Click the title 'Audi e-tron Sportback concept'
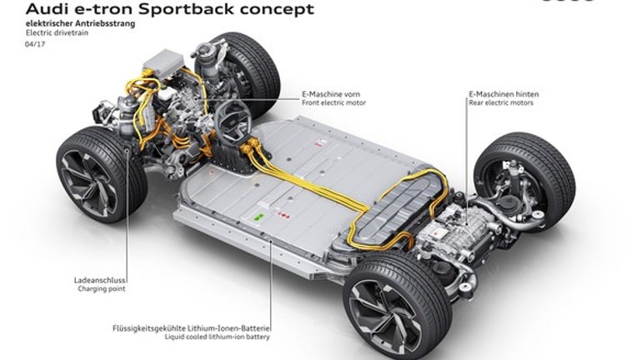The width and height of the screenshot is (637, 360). click(170, 9)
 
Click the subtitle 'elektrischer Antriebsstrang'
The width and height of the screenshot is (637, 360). click(80, 23)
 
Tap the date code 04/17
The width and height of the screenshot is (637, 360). click(35, 44)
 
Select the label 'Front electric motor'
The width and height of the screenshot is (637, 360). click(334, 103)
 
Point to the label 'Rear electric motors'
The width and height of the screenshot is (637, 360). click(501, 103)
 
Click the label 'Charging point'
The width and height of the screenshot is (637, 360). click(102, 289)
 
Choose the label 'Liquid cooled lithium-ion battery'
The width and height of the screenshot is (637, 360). click(217, 337)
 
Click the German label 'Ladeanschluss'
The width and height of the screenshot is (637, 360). click(100, 280)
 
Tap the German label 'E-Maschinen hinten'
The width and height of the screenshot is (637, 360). click(504, 94)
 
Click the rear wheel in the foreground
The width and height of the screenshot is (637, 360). click(398, 304)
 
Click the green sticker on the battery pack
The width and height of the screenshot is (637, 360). click(258, 217)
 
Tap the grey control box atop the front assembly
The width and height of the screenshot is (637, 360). click(163, 64)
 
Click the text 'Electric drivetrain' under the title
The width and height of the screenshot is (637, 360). click(57, 32)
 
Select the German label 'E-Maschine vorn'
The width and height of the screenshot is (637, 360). click(331, 94)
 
